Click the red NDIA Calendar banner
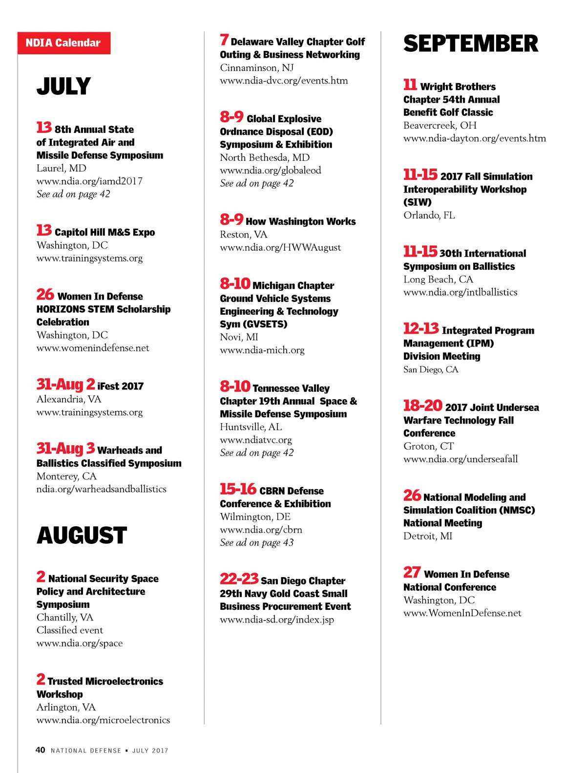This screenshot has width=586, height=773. (63, 43)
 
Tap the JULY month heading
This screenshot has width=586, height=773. (63, 86)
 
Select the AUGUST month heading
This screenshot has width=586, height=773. (82, 536)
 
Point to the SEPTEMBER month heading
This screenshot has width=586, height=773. (470, 44)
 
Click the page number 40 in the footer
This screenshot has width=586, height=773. (40, 750)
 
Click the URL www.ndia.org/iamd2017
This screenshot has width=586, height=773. (89, 181)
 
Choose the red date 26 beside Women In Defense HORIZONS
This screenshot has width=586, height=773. (45, 295)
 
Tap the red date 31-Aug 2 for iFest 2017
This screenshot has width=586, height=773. (65, 385)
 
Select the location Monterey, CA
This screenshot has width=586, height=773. (66, 476)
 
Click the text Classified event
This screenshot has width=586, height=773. (70, 630)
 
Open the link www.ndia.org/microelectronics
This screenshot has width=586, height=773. (103, 720)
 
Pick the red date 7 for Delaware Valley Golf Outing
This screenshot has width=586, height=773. (224, 40)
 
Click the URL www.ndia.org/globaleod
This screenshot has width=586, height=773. (271, 171)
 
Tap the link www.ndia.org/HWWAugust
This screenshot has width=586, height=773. (280, 248)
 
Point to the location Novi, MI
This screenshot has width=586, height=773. (239, 337)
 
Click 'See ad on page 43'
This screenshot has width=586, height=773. (257, 543)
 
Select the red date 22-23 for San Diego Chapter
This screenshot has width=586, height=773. (239, 579)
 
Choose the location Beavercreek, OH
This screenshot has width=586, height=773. (439, 126)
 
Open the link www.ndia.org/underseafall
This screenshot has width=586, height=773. (460, 459)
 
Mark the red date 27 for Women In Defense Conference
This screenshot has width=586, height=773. (412, 572)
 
